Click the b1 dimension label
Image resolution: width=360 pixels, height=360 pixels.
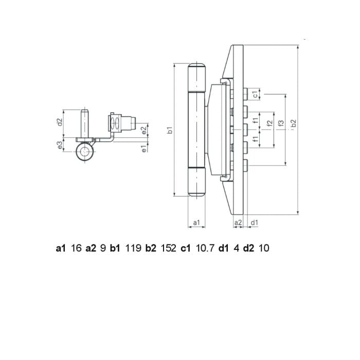(x=170, y=130)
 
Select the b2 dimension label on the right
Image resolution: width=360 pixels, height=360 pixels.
(x=294, y=123)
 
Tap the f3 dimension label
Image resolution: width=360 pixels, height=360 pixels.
(x=281, y=123)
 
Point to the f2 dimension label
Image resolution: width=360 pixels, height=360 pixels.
(x=270, y=123)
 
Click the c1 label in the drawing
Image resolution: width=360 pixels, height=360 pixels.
(x=255, y=94)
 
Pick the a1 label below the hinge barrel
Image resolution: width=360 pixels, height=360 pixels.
(x=196, y=222)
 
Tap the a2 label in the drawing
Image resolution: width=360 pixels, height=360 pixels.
(x=238, y=222)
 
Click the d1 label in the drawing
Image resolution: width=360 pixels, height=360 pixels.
(x=255, y=222)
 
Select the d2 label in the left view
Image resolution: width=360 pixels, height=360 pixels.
(x=60, y=122)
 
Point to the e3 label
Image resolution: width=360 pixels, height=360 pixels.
(x=60, y=145)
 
